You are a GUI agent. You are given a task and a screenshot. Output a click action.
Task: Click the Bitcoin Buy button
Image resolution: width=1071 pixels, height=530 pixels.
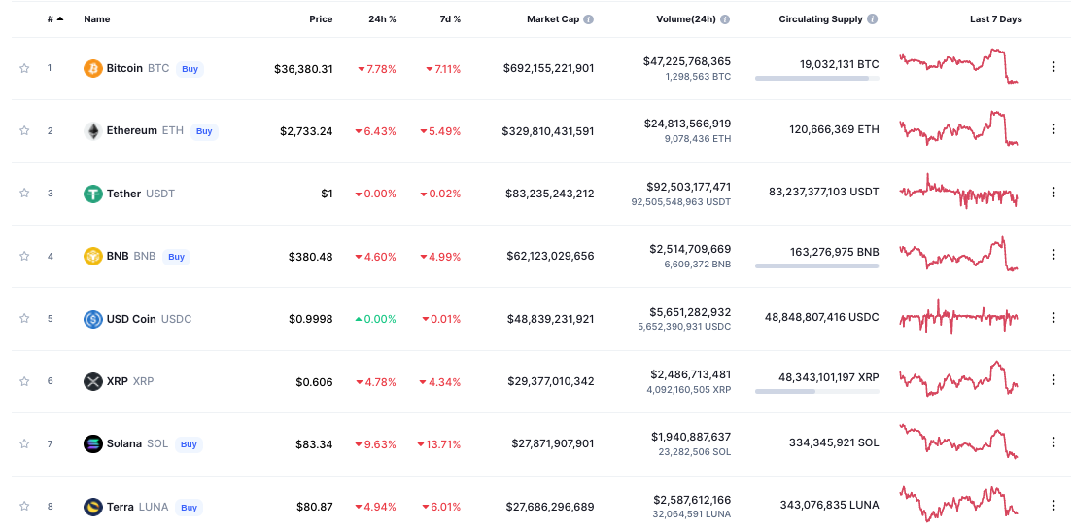[x=190, y=69]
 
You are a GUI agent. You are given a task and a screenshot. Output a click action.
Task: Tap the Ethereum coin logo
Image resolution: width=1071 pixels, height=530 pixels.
[x=93, y=131]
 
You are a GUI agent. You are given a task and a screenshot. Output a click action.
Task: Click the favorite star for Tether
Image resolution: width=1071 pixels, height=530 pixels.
[x=24, y=194]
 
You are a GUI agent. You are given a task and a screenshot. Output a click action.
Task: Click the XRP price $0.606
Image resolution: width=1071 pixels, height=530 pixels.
[x=314, y=382]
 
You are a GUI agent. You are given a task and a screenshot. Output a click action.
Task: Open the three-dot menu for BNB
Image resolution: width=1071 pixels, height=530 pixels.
[x=1053, y=256]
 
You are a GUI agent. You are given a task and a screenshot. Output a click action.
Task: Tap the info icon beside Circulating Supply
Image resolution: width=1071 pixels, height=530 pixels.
[x=872, y=19]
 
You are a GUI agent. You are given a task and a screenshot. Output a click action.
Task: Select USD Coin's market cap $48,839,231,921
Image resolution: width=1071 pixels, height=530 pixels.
[x=550, y=319]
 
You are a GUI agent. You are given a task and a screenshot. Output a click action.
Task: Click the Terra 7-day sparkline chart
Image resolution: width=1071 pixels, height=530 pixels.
[x=958, y=504]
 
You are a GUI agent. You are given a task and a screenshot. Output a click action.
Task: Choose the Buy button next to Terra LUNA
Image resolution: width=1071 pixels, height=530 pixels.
[x=189, y=508]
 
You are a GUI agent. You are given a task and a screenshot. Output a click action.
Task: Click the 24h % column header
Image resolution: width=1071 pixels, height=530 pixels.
[x=382, y=19]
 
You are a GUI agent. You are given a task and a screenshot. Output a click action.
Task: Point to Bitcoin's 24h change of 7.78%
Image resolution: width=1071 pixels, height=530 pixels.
[x=377, y=69]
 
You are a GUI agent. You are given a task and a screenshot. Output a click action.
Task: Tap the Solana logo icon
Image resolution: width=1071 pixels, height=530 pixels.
[x=93, y=444]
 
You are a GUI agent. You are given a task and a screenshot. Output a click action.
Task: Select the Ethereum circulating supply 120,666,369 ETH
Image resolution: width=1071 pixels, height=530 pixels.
[x=834, y=130]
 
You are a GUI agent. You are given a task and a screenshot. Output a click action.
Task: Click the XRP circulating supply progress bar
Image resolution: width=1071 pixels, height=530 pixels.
[x=816, y=392]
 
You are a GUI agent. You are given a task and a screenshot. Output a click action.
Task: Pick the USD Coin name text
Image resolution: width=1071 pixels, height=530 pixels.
[x=131, y=319]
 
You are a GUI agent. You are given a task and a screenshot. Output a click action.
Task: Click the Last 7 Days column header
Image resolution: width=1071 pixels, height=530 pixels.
[x=995, y=19]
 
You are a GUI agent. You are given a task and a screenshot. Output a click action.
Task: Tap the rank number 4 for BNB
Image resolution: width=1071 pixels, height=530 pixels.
[x=50, y=257]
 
